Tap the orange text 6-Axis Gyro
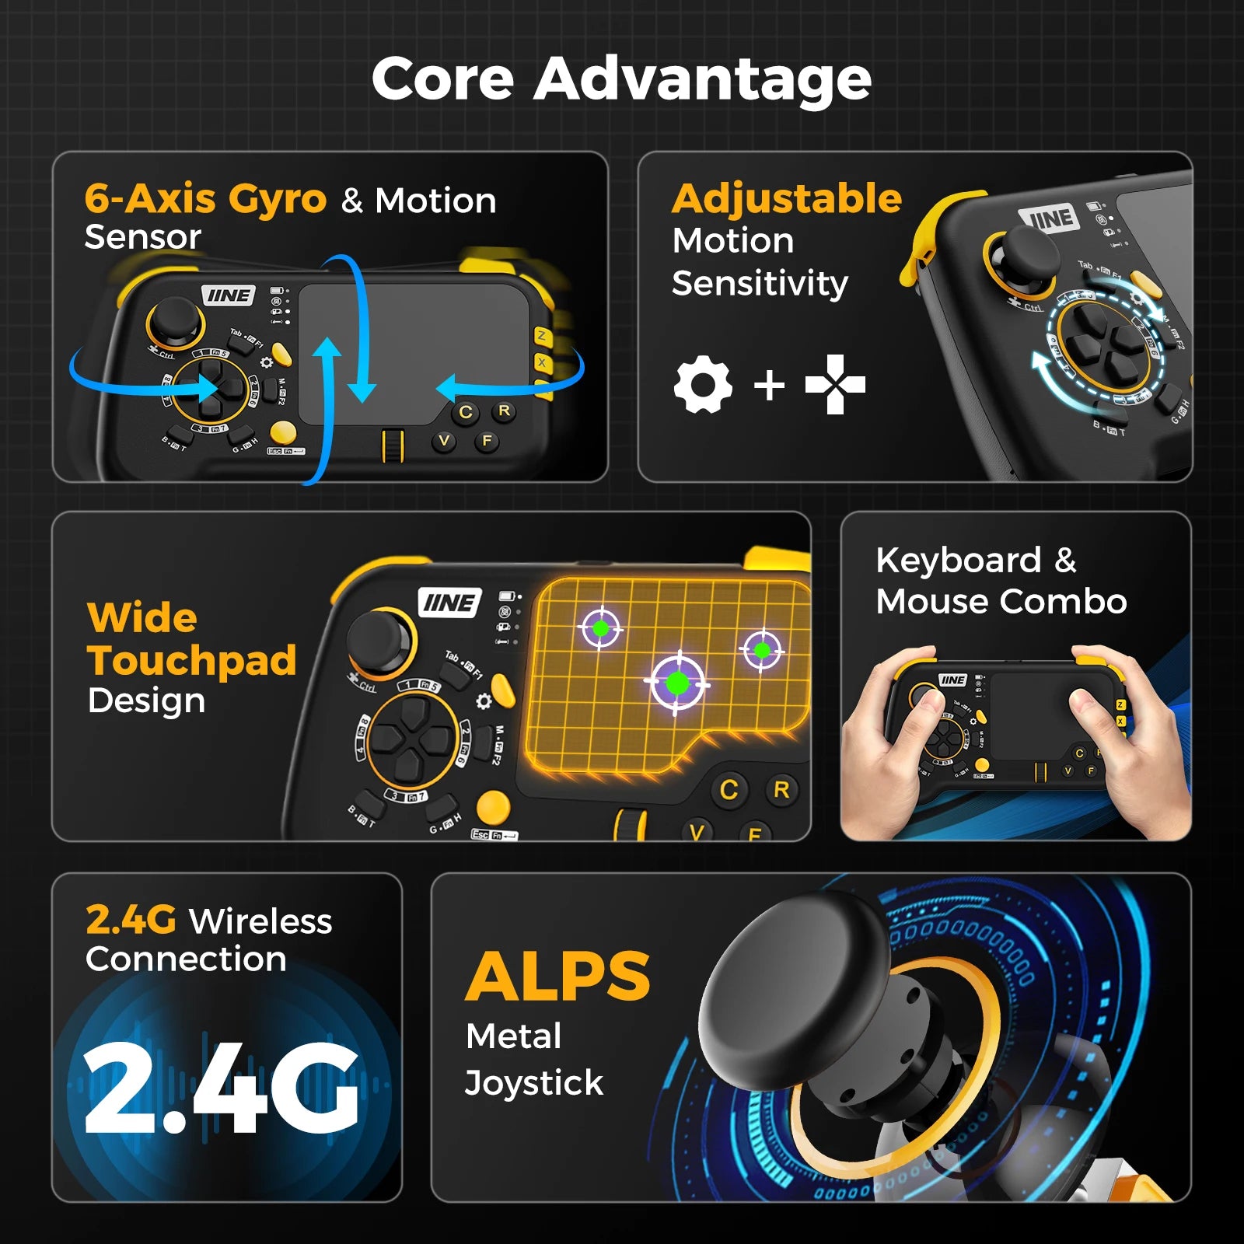pyautogui.click(x=205, y=199)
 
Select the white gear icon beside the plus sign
pyautogui.click(x=703, y=385)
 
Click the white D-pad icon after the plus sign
pyautogui.click(x=835, y=384)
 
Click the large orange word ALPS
pyautogui.click(x=557, y=977)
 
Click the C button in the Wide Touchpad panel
pyautogui.click(x=729, y=790)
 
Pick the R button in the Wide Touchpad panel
pyautogui.click(x=781, y=790)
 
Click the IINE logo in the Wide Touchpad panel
pyautogui.click(x=449, y=603)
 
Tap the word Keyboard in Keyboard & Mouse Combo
pyautogui.click(x=958, y=561)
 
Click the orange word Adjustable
pyautogui.click(x=786, y=199)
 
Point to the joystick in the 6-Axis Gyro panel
pyautogui.click(x=175, y=319)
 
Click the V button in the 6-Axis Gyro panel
pyautogui.click(x=443, y=441)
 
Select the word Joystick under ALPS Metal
pyautogui.click(x=533, y=1083)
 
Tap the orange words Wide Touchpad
pyautogui.click(x=191, y=639)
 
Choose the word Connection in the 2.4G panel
pyautogui.click(x=186, y=959)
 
